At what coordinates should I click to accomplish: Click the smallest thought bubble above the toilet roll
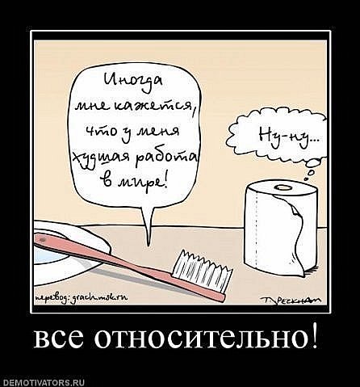tap(308, 179)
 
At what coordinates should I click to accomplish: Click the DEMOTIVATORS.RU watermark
tap(43, 382)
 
